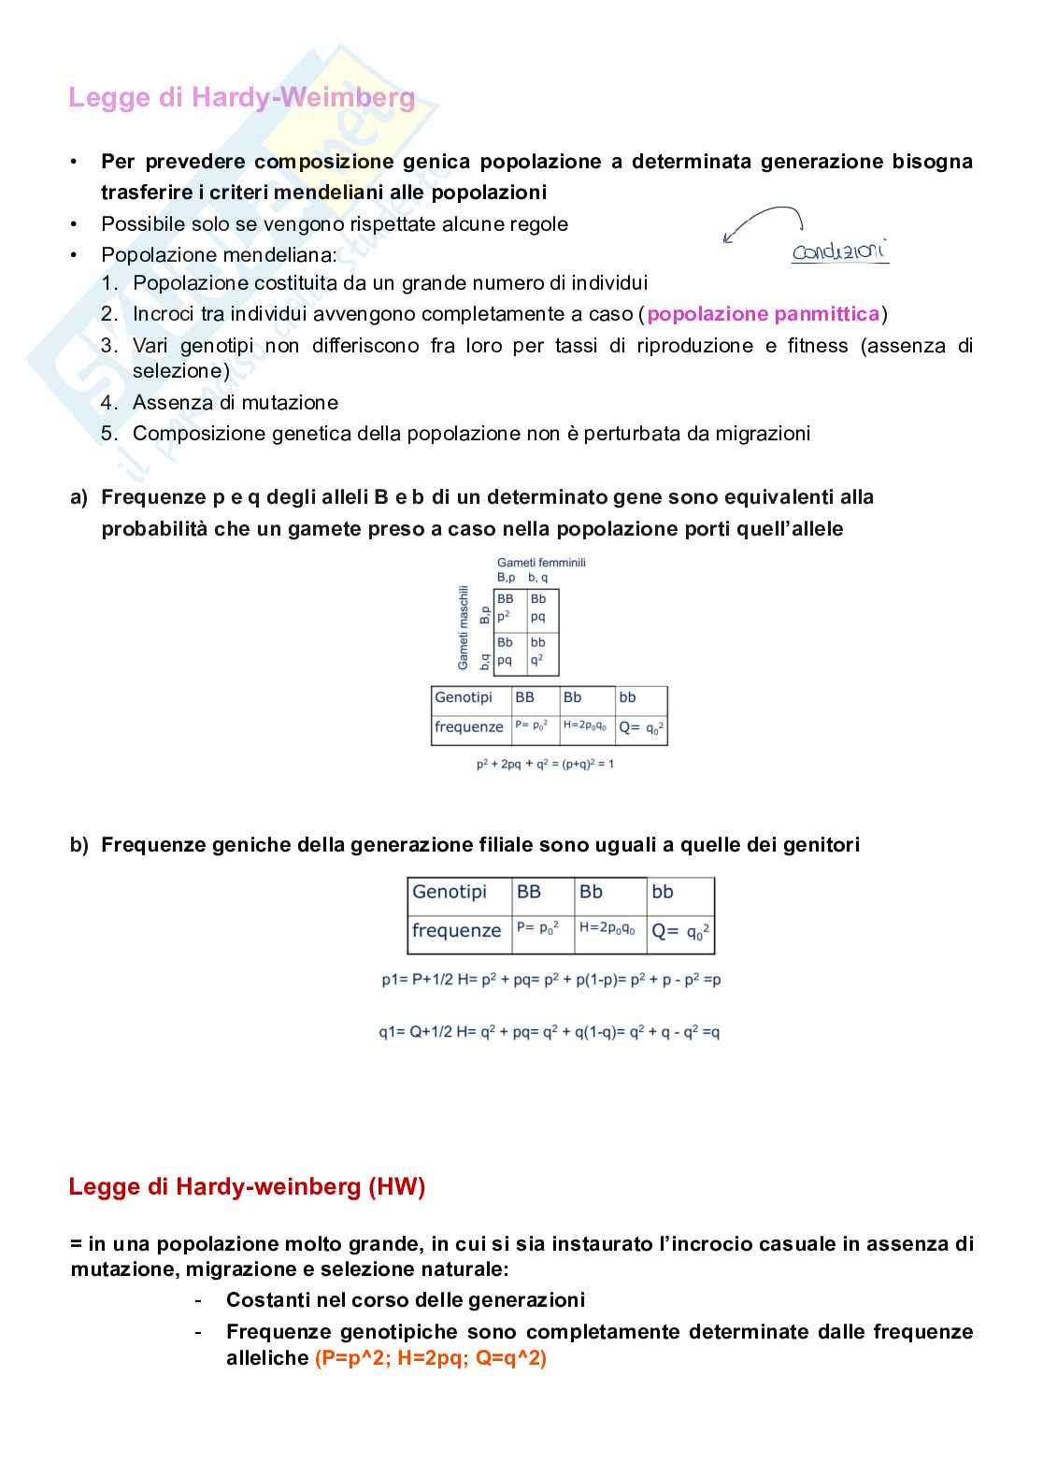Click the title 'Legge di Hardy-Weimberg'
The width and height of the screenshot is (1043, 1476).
pos(241,97)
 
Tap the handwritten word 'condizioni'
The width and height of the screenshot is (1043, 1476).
pos(838,251)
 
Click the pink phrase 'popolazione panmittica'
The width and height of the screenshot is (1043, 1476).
pos(763,314)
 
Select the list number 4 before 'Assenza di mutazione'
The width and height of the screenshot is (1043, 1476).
pos(109,403)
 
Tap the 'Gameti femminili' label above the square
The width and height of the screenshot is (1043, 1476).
pos(541,563)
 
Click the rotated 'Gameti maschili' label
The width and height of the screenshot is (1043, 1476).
pos(463,627)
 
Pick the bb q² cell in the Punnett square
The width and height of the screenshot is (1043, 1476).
pos(541,652)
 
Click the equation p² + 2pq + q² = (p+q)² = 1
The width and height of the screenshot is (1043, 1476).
pos(545,765)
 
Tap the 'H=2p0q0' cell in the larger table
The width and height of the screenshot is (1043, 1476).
pos(609,929)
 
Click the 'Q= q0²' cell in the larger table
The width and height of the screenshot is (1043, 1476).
pos(680,931)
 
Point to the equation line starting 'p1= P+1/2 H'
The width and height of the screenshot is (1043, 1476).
pos(550,980)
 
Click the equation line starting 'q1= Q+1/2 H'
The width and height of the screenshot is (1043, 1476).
pos(549,1032)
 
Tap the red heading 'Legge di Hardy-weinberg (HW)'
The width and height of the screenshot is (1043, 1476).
pos(247,1187)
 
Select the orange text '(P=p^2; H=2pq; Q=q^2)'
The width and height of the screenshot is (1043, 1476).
pos(431,1358)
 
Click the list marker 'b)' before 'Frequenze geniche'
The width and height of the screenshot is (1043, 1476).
pos(79,845)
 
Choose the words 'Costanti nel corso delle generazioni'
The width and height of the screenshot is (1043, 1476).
pos(405,1300)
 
